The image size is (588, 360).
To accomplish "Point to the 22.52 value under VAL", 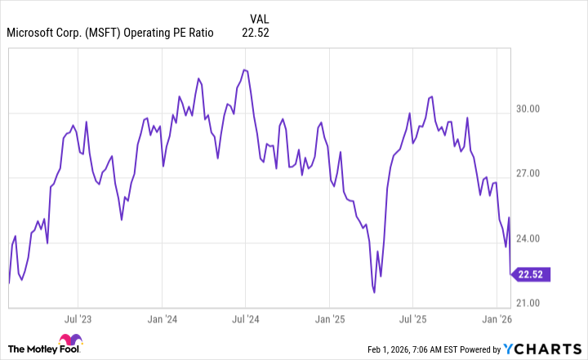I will (x=256, y=33).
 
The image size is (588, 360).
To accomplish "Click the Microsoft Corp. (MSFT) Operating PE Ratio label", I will (x=110, y=33).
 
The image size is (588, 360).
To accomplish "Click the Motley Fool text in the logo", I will (x=33, y=348).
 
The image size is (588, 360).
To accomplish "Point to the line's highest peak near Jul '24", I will (x=244, y=69).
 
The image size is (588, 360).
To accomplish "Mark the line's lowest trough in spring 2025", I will (x=374, y=291).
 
